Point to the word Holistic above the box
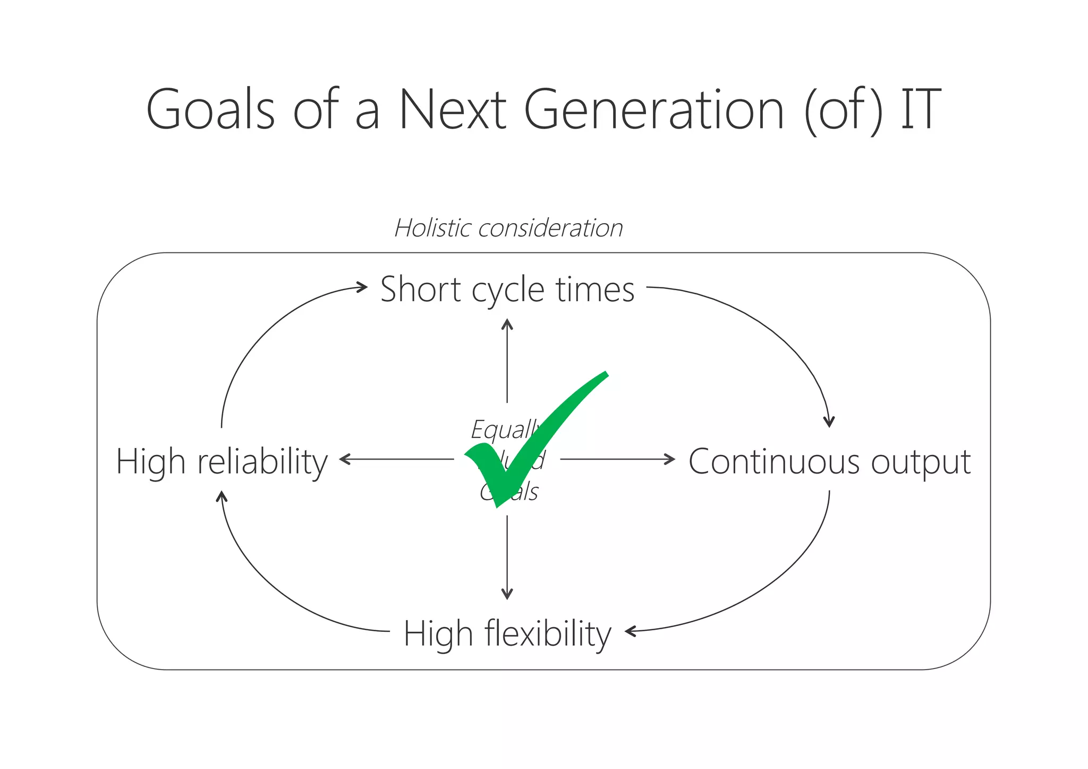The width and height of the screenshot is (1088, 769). pyautogui.click(x=433, y=228)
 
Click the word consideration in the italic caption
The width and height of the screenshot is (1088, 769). pyautogui.click(x=550, y=229)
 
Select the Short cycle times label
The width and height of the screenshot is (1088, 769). pyautogui.click(x=507, y=290)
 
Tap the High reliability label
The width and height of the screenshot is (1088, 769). pyautogui.click(x=222, y=461)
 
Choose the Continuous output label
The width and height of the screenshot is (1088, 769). pyautogui.click(x=829, y=461)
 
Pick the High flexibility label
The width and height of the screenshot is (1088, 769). pyautogui.click(x=507, y=633)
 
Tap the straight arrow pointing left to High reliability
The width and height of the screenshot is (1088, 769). pyautogui.click(x=396, y=459)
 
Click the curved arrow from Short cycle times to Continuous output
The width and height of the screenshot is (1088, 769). pyautogui.click(x=770, y=329)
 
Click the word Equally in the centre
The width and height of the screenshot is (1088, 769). pyautogui.click(x=505, y=429)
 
